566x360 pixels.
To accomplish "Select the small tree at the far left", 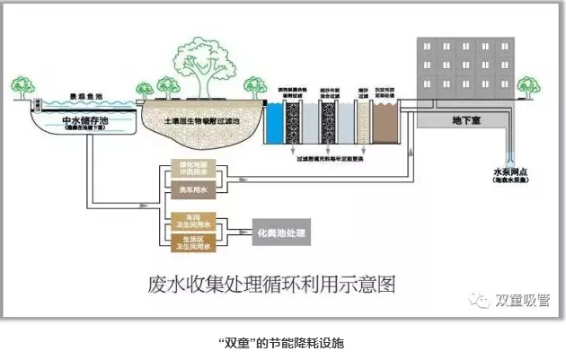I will coord(21,86).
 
